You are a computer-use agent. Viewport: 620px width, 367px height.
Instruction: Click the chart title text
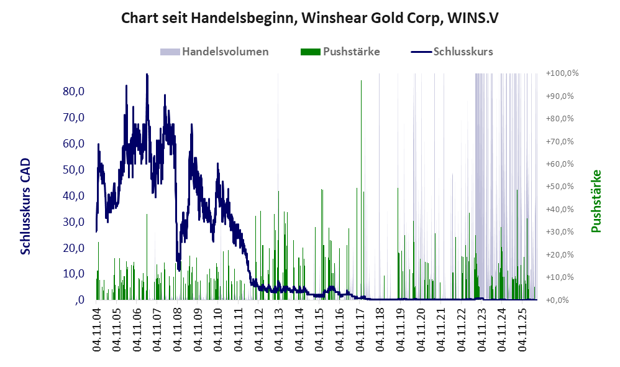(309, 18)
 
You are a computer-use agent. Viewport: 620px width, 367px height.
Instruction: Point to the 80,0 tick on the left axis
(73, 91)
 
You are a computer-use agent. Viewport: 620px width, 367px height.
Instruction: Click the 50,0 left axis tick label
(73, 169)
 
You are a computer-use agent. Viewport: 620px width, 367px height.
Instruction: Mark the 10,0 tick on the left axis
(73, 274)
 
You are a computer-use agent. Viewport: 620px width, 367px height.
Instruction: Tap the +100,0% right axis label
(562, 73)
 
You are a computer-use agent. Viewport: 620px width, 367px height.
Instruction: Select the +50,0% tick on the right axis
(560, 187)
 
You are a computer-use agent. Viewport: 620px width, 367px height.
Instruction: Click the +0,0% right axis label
(557, 300)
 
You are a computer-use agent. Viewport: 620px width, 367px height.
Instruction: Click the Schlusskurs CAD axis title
(25, 207)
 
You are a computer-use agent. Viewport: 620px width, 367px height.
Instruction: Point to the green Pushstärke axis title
(596, 201)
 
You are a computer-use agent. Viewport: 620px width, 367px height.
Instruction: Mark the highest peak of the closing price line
(147, 75)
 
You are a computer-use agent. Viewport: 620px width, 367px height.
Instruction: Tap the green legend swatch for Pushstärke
(311, 52)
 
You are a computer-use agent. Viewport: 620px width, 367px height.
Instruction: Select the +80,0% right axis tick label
(560, 119)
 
